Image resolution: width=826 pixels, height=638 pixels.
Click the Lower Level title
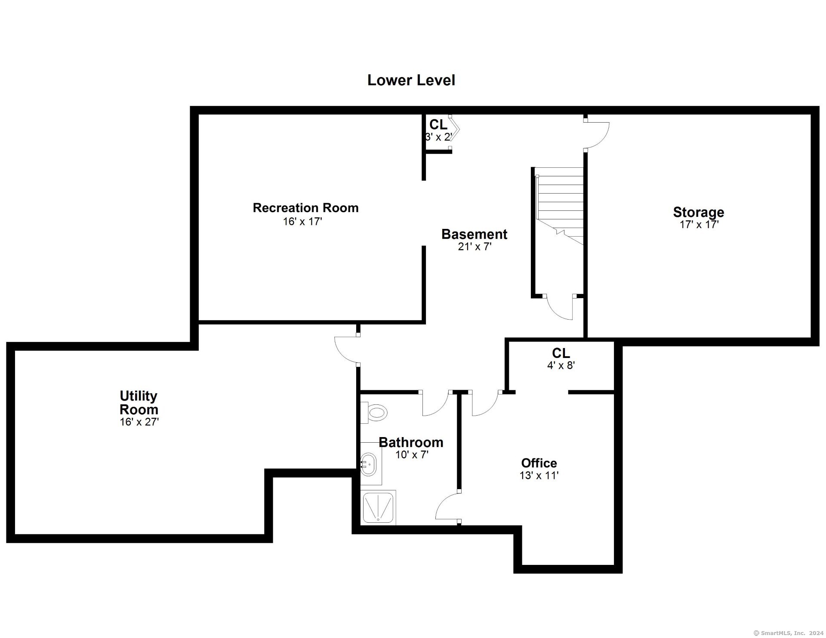411,80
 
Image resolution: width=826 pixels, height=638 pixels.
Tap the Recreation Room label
305,208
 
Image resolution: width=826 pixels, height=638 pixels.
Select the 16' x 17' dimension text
302,222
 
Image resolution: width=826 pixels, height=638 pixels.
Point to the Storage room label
698,212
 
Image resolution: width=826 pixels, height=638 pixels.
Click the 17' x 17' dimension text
699,225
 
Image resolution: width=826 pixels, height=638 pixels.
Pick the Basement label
474,234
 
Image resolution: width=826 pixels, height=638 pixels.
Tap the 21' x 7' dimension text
475,247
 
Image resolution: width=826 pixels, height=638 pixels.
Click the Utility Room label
139,402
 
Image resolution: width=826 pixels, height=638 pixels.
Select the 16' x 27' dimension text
139,422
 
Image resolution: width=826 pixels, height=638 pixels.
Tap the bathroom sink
368,465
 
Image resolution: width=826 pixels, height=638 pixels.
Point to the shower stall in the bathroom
378,508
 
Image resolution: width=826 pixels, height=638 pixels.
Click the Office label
539,463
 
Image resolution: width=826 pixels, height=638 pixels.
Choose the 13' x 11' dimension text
539,476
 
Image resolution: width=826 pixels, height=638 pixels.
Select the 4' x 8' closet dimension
561,366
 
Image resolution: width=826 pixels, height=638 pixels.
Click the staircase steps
559,207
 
